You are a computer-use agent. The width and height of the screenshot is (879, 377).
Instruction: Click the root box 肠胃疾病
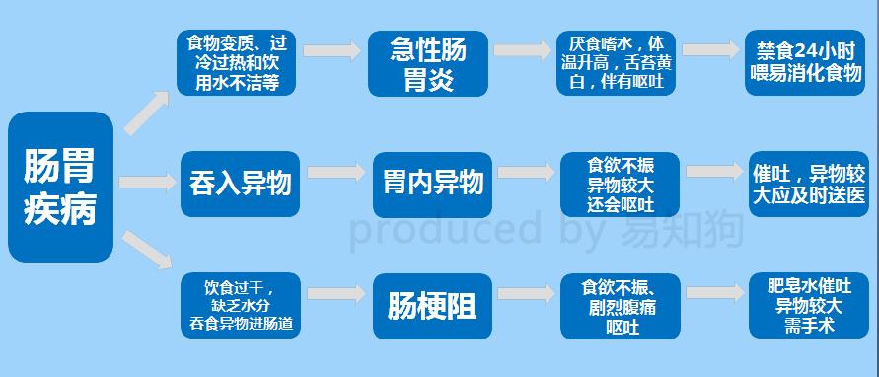pyautogui.click(x=60, y=187)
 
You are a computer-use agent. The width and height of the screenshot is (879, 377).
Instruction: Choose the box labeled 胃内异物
pyautogui.click(x=432, y=183)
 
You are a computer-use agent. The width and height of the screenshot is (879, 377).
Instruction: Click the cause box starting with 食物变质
pyautogui.click(x=238, y=63)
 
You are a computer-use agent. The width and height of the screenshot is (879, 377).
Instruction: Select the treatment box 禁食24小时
pyautogui.click(x=808, y=61)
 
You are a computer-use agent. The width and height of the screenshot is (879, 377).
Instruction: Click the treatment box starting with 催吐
pyautogui.click(x=808, y=183)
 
